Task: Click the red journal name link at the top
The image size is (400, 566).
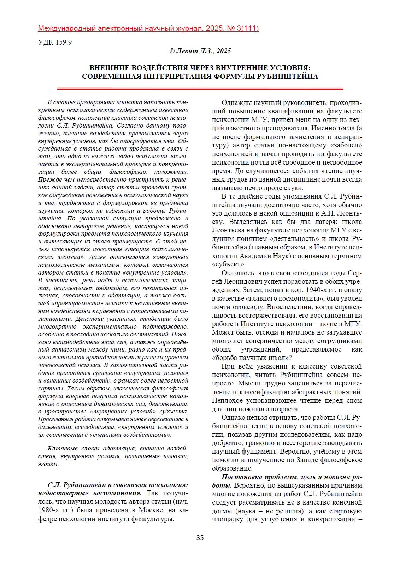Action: [x=148, y=29]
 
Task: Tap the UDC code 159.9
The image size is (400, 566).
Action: [x=55, y=42]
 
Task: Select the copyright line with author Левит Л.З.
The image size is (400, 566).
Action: [x=200, y=51]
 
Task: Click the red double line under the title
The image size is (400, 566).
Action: [x=200, y=88]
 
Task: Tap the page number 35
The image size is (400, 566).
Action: [x=200, y=538]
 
